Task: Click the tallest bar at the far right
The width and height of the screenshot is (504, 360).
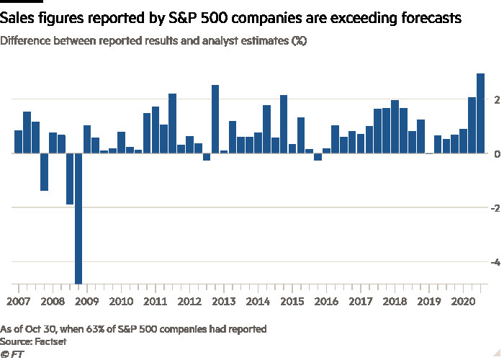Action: tap(480, 113)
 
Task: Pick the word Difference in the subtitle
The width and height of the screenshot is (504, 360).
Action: tap(28, 41)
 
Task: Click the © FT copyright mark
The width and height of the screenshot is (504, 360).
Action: tap(10, 354)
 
